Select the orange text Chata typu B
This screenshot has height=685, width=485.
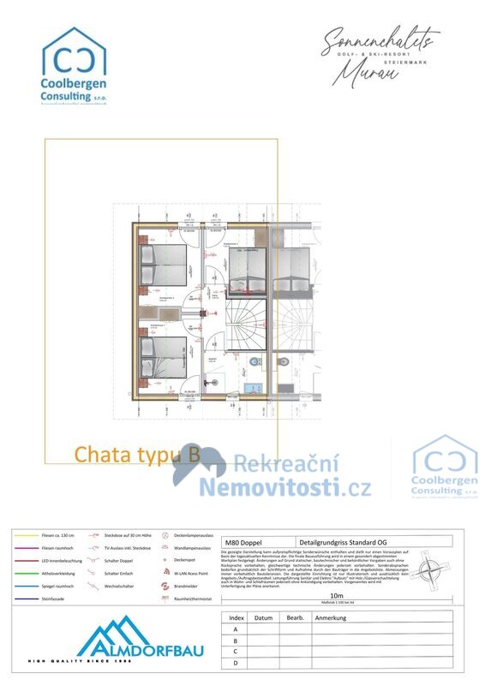tap(137, 455)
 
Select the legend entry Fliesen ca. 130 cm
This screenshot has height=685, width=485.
tap(57, 534)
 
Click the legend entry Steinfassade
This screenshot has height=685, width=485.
tap(53, 599)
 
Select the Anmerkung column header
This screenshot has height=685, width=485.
tap(331, 617)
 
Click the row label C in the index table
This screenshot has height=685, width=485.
tap(234, 652)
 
